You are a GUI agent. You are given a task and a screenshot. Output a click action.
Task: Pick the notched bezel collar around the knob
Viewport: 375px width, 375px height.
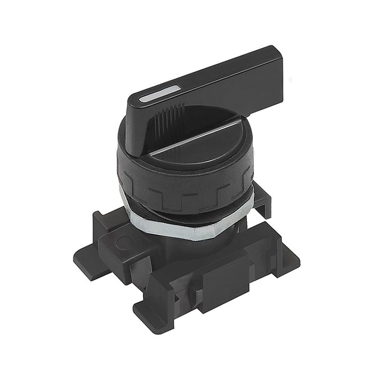tap(182, 185)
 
